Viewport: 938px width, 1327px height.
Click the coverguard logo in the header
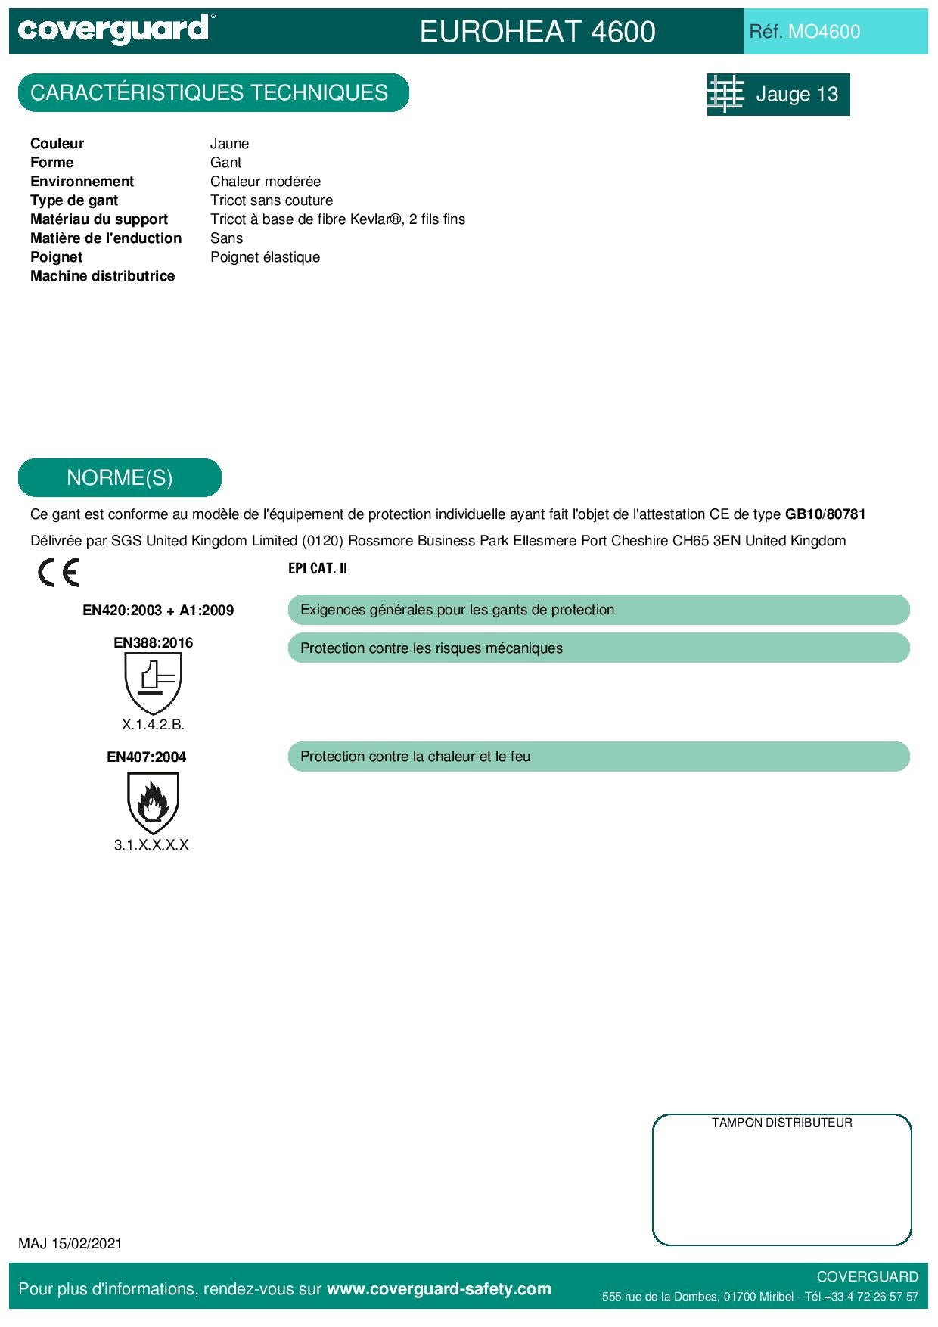coord(113,30)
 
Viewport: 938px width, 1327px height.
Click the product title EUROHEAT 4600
coord(537,32)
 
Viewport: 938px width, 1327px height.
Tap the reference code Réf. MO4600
coord(804,32)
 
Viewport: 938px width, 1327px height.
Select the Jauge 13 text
coord(797,95)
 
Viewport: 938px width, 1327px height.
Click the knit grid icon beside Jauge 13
coord(726,94)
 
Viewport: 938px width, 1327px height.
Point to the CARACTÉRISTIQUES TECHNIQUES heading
coord(210,93)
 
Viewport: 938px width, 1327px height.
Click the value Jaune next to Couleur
coord(229,144)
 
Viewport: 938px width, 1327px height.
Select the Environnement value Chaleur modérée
coord(265,182)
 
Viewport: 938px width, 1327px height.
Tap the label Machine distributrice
coord(102,276)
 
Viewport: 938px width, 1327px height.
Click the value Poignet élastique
coord(265,257)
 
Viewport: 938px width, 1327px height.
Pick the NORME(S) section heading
coord(120,478)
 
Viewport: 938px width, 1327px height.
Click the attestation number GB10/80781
coord(825,514)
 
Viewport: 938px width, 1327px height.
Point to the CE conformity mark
coord(58,573)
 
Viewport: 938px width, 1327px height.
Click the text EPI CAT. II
coord(318,569)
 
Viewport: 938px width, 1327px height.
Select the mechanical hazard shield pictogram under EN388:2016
coord(153,682)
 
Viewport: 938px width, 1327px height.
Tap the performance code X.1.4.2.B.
coord(153,725)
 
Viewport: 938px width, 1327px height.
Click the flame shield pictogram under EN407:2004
coord(153,803)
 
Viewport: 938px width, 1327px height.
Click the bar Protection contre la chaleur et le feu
coord(598,757)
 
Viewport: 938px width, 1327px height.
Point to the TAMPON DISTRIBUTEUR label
coord(781,1123)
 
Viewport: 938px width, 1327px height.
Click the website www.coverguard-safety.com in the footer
coord(439,1289)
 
